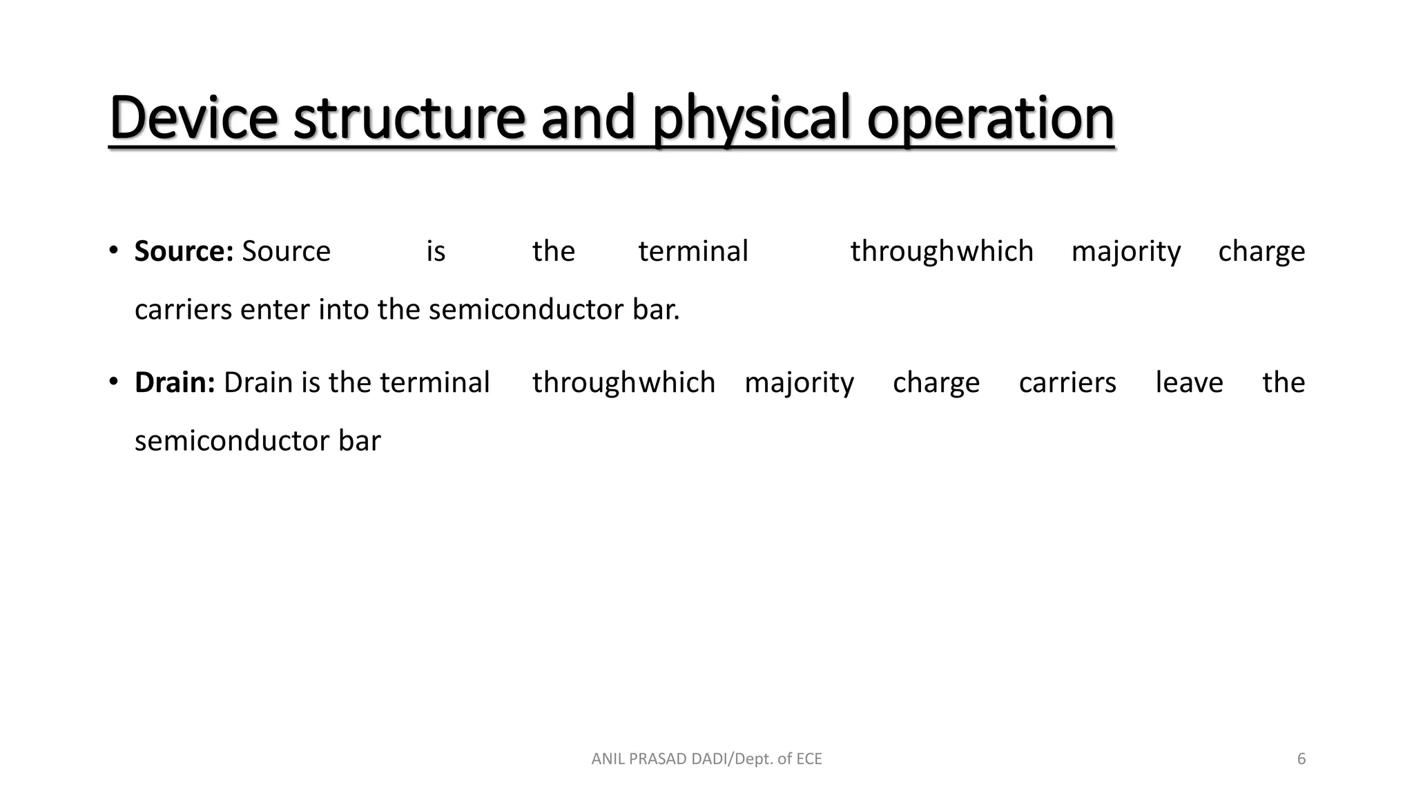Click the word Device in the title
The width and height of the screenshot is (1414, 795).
193,117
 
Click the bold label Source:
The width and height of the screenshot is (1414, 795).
184,251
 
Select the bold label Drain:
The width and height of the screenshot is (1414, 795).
175,382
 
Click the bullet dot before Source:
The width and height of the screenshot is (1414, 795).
114,249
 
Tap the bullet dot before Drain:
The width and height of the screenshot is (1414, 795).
114,380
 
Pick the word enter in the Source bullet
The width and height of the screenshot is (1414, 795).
275,310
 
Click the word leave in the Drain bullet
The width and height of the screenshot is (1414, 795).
1189,382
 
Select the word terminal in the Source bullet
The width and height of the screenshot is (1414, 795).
693,251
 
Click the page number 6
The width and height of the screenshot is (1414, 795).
1301,759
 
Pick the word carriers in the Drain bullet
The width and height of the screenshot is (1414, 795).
1067,382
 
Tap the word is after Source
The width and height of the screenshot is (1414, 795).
436,251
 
